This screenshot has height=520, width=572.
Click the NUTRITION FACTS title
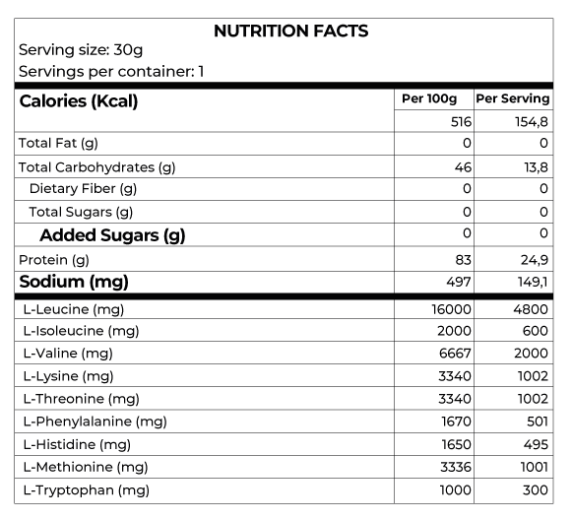[x=290, y=31]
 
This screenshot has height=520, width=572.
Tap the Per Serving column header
[x=512, y=99]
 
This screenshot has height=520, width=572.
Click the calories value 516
[x=460, y=122]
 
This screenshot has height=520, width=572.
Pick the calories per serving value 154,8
[x=531, y=122]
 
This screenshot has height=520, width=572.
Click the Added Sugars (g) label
[x=111, y=235]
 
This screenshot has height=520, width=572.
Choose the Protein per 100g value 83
[x=463, y=259]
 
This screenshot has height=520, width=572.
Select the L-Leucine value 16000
[x=451, y=309]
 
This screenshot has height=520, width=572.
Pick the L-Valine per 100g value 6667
[x=454, y=354]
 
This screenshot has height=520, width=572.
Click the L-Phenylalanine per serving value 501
[x=537, y=422]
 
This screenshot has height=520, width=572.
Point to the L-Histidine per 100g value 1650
[x=455, y=444]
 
